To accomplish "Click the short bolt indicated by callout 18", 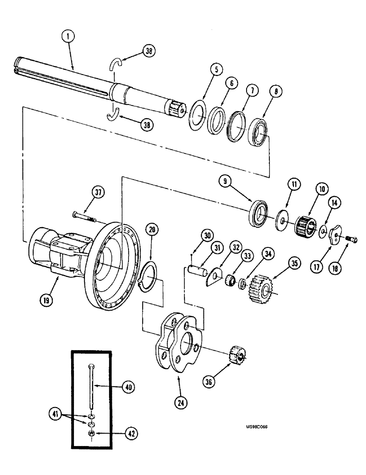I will tap(350, 240).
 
